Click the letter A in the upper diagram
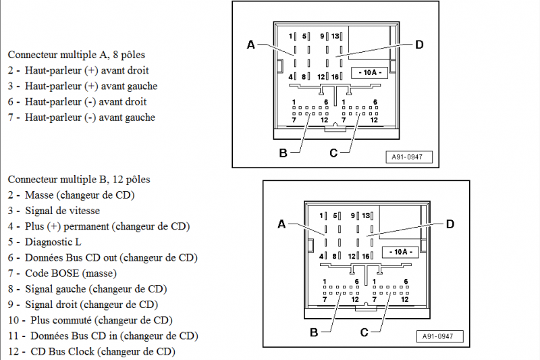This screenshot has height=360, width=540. click(250, 45)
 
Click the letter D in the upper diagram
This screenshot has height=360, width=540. click(419, 45)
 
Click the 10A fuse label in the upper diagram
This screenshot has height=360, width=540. click(369, 72)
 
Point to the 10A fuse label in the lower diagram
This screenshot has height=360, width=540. click(399, 252)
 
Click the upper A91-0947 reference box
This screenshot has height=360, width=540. click(408, 157)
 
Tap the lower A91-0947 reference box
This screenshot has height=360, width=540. click(439, 336)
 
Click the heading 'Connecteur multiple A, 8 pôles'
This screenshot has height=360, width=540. click(76, 54)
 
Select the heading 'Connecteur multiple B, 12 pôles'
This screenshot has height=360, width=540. click(79, 180)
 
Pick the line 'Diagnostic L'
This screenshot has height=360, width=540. click(53, 242)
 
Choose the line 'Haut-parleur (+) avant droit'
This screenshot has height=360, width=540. click(86, 70)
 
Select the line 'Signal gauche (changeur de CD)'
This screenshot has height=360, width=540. click(95, 288)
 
